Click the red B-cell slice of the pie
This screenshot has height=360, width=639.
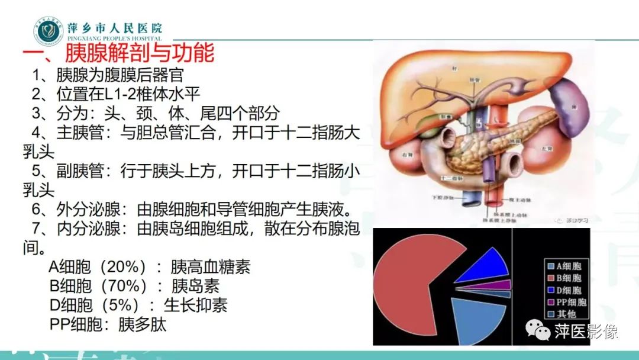[408, 278]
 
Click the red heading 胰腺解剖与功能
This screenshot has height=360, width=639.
[139, 54]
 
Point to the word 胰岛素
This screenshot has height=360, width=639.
[195, 286]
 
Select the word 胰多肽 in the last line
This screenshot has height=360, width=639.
[143, 324]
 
